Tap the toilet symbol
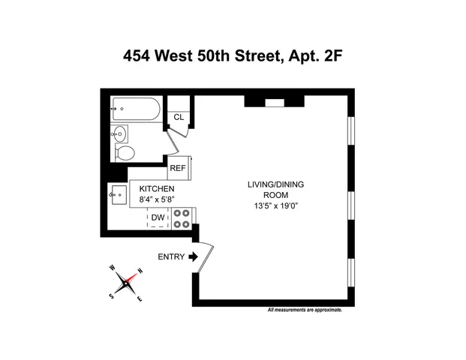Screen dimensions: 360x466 tap(125, 153)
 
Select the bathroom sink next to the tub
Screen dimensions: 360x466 tap(120, 134)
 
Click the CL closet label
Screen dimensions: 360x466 tap(179, 117)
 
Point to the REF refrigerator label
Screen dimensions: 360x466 tap(177, 169)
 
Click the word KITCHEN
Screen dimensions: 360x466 tap(157, 188)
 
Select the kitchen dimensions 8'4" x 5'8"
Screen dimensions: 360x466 tap(157, 199)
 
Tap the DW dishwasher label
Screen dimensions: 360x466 tap(158, 218)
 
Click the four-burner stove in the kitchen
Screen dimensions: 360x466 tap(182, 218)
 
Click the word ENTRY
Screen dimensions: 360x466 tap(170, 256)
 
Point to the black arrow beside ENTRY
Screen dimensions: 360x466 tap(192, 256)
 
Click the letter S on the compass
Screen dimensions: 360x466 tap(113, 295)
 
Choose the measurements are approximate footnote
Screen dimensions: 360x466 tap(305, 310)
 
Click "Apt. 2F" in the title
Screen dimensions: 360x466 tap(316, 55)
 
